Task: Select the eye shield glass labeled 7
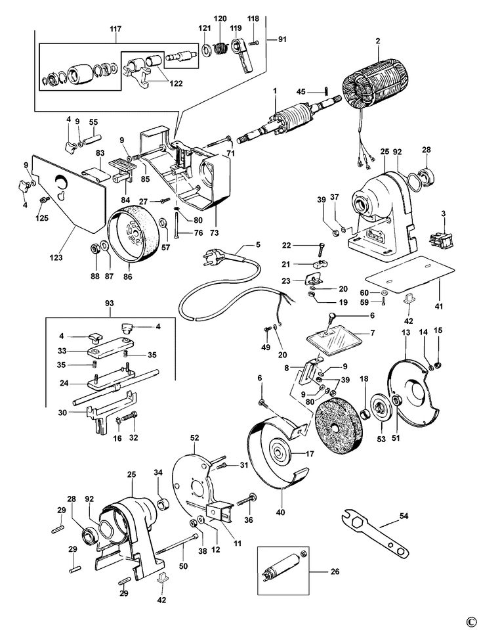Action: tap(333, 340)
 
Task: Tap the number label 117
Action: tap(115, 30)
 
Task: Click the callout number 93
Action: tap(109, 304)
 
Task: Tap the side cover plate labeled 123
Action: tap(68, 193)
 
